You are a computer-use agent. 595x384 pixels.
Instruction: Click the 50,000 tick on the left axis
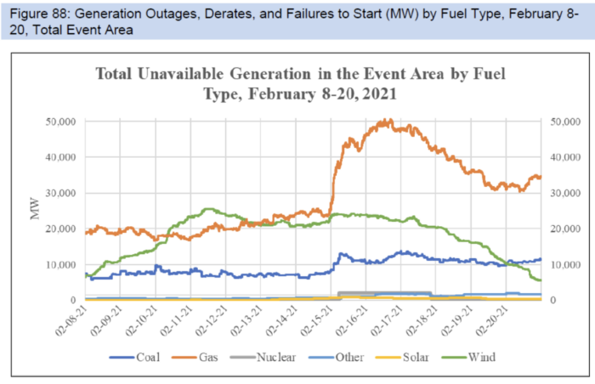[x=59, y=121]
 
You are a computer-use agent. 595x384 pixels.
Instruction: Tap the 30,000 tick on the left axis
[x=59, y=193]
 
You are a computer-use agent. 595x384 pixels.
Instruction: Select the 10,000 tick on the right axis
[x=567, y=264]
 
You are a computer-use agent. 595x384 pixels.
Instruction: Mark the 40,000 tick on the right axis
[x=567, y=157]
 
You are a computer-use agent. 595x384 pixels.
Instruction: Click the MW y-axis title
[x=35, y=210]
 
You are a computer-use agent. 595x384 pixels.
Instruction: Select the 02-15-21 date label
[x=317, y=323]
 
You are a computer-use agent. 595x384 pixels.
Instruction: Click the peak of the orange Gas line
[x=387, y=121]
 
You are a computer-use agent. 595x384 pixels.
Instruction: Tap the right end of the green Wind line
[x=541, y=280]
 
